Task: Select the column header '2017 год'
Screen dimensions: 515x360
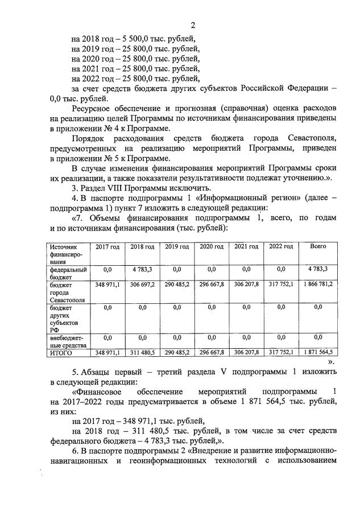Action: pyautogui.click(x=107, y=246)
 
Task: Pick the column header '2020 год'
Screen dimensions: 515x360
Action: pyautogui.click(x=211, y=246)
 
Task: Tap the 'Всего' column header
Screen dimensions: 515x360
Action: pyautogui.click(x=317, y=246)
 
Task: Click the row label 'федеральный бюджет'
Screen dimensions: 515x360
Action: pyautogui.click(x=67, y=272)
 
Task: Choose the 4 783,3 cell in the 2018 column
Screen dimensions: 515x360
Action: pyautogui.click(x=142, y=269)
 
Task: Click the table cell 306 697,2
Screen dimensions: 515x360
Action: pyautogui.click(x=142, y=284)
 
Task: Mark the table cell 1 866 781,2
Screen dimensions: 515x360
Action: pyautogui.click(x=317, y=284)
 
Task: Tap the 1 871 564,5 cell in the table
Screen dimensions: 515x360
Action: pyautogui.click(x=317, y=353)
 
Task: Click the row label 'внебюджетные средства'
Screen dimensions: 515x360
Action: pyautogui.click(x=67, y=341)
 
